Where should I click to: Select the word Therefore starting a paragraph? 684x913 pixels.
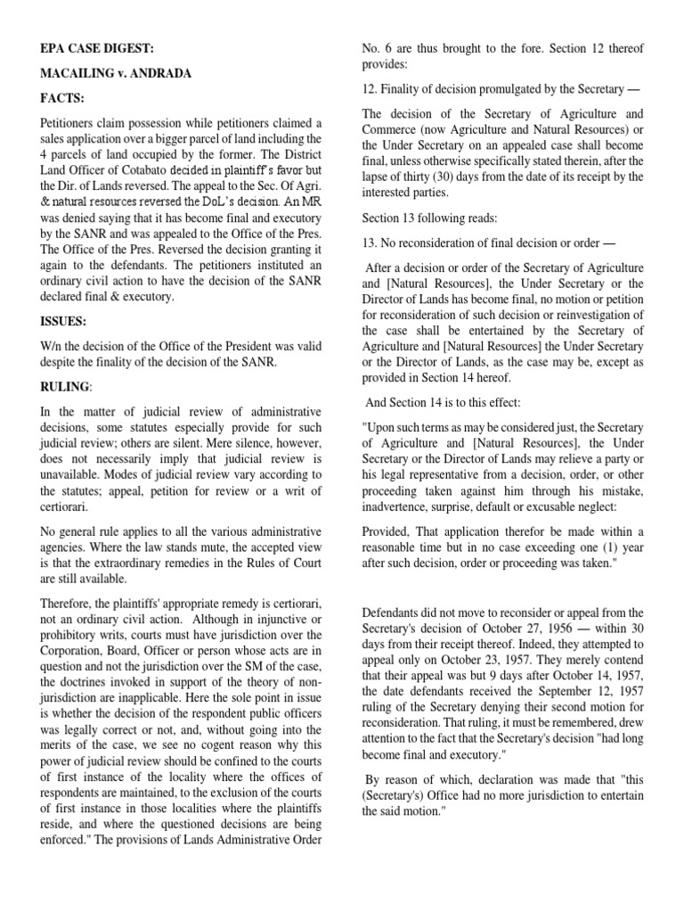71,605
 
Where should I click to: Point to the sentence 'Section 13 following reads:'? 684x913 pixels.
431,218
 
